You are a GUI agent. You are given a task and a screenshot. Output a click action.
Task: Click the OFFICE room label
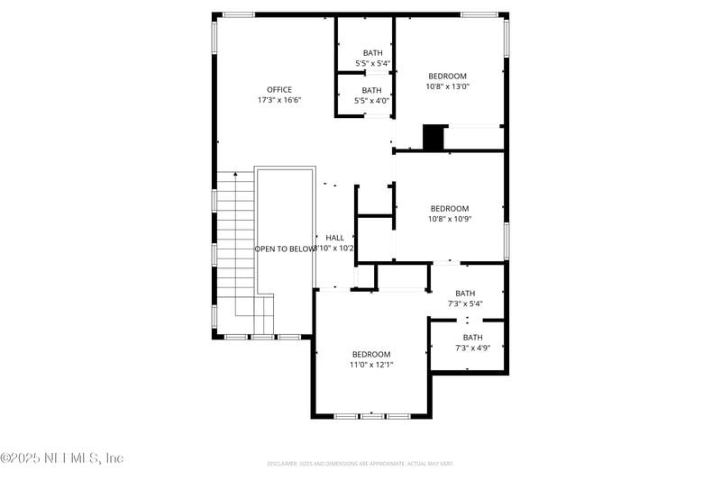[279, 89]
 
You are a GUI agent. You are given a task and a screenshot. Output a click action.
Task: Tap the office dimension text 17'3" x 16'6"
[279, 100]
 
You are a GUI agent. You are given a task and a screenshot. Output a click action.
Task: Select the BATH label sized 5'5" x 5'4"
[372, 53]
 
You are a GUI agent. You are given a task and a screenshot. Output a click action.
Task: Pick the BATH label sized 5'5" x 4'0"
[372, 90]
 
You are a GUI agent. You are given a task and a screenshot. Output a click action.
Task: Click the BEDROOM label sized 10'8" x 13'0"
[448, 77]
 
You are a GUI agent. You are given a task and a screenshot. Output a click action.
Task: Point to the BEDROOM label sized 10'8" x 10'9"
[449, 208]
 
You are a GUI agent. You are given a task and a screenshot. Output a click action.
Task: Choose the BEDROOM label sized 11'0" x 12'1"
[371, 354]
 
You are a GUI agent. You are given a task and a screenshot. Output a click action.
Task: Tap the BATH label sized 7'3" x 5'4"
[465, 294]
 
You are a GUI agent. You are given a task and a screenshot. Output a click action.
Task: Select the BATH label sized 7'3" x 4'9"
[472, 338]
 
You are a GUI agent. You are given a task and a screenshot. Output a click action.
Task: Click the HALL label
[334, 238]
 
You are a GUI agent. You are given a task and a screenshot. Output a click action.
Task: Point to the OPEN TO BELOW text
[285, 249]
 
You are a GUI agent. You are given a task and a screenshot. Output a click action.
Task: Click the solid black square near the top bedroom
[434, 138]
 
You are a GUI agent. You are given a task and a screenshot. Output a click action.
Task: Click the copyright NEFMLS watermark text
[61, 458]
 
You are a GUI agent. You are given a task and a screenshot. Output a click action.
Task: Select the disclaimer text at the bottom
[360, 464]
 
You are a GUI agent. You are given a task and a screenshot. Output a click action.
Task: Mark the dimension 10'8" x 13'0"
[448, 86]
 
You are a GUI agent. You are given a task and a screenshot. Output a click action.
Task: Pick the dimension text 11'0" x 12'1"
[371, 365]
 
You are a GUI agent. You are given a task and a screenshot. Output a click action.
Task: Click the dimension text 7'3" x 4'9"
[472, 348]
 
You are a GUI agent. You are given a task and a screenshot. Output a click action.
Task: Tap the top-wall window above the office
[239, 14]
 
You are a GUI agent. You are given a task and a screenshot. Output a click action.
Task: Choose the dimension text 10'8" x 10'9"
[449, 219]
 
